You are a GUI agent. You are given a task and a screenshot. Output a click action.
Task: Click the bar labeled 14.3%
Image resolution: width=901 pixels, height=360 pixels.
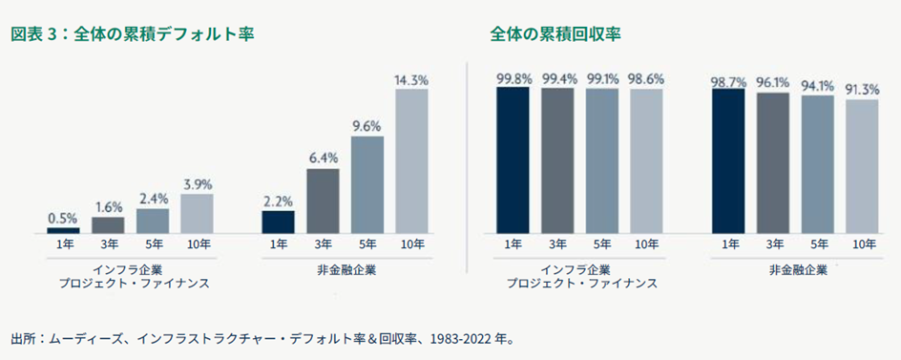[411, 161]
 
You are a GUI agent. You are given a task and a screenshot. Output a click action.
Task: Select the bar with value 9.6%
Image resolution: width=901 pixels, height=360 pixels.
[367, 185]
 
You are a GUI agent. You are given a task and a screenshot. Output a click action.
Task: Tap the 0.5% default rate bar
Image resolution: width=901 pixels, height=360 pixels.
[64, 230]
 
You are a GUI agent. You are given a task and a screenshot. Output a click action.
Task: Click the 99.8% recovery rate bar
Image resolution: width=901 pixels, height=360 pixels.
[514, 160]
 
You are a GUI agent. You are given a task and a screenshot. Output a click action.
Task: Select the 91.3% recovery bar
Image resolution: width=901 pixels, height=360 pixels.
[863, 166]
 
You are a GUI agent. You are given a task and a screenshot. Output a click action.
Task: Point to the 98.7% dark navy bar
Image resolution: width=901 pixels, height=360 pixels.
[729, 161]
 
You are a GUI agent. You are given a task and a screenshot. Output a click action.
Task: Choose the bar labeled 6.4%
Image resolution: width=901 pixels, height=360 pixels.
[323, 201]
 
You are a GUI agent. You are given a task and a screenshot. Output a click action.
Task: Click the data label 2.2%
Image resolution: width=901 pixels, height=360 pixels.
[279, 201]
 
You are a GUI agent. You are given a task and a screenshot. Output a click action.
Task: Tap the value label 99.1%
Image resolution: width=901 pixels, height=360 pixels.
[603, 78]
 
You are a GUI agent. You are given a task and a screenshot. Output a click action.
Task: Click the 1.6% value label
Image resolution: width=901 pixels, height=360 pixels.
[108, 206]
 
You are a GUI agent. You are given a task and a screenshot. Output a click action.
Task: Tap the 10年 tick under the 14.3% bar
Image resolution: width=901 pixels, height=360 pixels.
[411, 245]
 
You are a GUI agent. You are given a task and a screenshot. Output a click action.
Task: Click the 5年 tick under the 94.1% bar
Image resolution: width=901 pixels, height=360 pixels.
[818, 245]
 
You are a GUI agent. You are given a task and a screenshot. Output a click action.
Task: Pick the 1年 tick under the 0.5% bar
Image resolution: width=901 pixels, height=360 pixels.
[64, 245]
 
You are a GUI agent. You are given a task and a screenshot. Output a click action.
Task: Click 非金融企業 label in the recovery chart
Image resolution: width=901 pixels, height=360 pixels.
[796, 269]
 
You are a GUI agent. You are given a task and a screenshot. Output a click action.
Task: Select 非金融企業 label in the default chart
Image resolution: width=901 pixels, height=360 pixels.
[345, 269]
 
